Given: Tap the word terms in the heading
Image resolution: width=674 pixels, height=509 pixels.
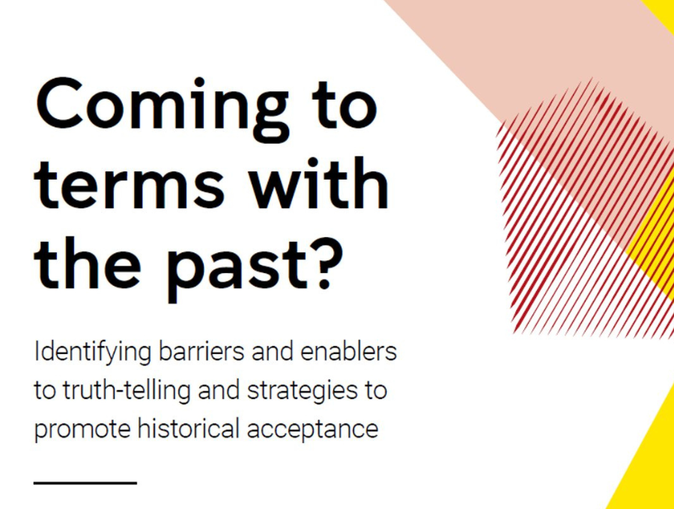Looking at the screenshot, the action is pyautogui.click(x=130, y=184).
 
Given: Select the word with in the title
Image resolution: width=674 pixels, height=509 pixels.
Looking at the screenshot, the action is pyautogui.click(x=319, y=182).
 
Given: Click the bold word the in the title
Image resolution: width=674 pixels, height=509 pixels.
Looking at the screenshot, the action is pyautogui.click(x=88, y=263).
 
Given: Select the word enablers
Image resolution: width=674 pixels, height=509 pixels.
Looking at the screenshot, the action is pyautogui.click(x=348, y=353).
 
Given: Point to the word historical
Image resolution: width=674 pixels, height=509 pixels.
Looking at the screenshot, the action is pyautogui.click(x=188, y=429).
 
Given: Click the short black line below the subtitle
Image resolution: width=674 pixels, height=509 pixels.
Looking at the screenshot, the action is pyautogui.click(x=85, y=483).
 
